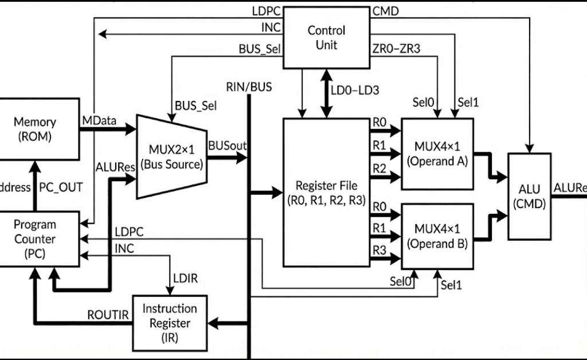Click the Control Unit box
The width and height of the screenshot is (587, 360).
[326, 37]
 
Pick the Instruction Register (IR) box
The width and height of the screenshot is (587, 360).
[169, 323]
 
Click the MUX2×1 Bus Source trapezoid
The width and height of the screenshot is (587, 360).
[171, 156]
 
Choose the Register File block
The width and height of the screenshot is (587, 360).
[326, 192]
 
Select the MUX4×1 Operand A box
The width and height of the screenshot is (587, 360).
[437, 154]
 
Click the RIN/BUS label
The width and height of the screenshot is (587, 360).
[249, 87]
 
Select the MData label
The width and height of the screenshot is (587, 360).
[100, 121]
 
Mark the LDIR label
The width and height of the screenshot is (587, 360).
[185, 278]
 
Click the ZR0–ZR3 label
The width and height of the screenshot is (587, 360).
[397, 49]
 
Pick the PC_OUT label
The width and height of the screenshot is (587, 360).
[61, 187]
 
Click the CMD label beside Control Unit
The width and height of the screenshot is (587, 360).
[385, 11]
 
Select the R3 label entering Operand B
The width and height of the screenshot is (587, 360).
[379, 250]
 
